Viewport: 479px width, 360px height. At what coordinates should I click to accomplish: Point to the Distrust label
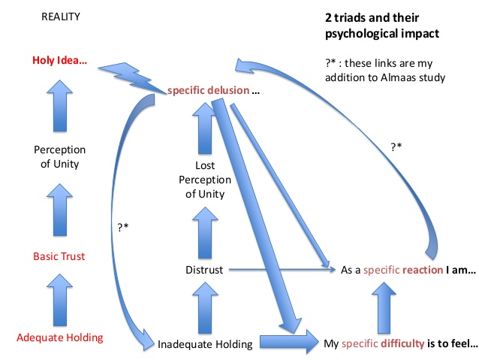[x=204, y=269]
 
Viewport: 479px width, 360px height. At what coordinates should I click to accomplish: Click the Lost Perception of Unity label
[x=204, y=180]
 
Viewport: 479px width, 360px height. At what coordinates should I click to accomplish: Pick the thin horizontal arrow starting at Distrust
[x=278, y=268]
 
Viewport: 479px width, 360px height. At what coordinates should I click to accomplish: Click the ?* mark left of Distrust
[x=124, y=226]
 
